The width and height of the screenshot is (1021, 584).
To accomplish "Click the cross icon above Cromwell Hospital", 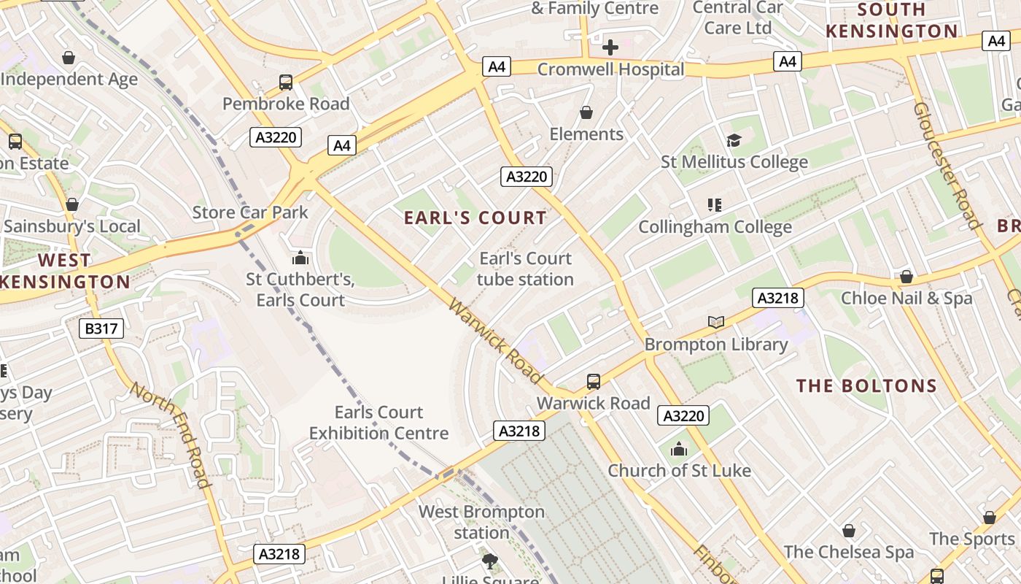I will [610, 47].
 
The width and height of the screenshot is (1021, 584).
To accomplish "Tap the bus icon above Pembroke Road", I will [286, 82].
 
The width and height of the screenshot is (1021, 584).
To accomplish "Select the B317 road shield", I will [101, 328].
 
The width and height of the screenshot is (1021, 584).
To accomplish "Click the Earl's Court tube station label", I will [525, 269].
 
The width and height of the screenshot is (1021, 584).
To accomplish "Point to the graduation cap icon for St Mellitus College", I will [734, 140].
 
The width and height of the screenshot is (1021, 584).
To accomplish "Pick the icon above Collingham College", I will [715, 205].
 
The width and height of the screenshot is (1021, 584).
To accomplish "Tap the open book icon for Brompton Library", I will [716, 322].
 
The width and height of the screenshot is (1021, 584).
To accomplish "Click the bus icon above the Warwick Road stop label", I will [594, 381].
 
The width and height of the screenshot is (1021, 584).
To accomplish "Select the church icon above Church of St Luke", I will [679, 449].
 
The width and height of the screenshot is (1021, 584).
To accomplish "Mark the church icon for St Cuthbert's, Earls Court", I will [300, 258].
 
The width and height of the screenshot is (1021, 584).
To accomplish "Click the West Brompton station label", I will [481, 522].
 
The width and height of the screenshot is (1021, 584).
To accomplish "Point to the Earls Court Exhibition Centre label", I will [378, 423].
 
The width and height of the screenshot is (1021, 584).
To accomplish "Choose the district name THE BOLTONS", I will [866, 386].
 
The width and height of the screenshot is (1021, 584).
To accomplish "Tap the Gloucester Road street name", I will [945, 166].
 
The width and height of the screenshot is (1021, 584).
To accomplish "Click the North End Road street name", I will [171, 434].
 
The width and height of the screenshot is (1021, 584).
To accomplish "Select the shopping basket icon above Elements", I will [586, 112].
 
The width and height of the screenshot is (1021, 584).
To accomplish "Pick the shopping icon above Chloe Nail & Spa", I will [906, 277].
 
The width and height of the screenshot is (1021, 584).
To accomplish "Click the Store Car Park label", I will [250, 212].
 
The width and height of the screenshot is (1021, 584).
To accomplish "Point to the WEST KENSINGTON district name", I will [65, 271].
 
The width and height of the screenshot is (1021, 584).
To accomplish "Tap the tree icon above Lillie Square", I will [490, 561].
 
